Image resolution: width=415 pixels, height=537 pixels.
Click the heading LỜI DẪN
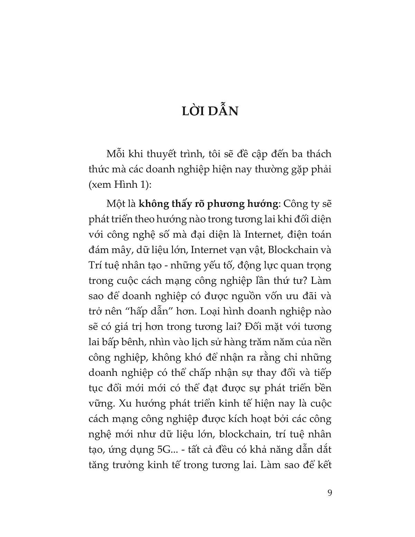210,112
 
